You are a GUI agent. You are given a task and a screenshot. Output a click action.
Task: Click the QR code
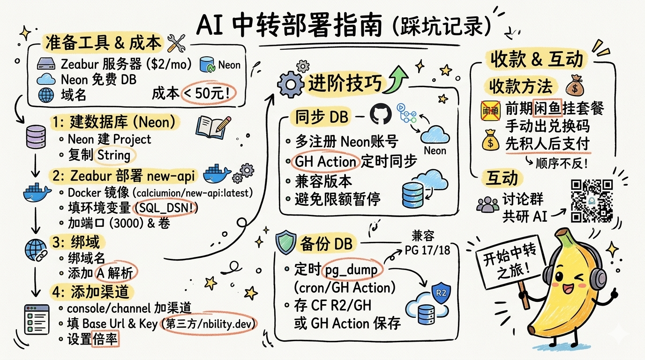pyautogui.click(x=592, y=201)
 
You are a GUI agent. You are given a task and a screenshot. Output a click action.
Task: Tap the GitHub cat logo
pyautogui.click(x=380, y=114)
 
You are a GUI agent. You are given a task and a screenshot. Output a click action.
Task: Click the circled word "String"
pyautogui.click(x=114, y=155)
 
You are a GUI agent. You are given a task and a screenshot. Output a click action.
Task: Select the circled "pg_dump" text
pyautogui.click(x=359, y=269)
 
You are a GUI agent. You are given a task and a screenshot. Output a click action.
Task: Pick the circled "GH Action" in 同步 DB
pyautogui.click(x=325, y=162)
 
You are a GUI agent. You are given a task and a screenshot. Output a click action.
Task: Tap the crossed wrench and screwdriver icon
pyautogui.click(x=177, y=44)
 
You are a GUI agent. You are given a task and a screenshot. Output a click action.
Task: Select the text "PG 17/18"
pyautogui.click(x=427, y=250)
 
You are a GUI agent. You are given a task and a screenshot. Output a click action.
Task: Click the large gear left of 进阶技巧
pyautogui.click(x=290, y=85)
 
